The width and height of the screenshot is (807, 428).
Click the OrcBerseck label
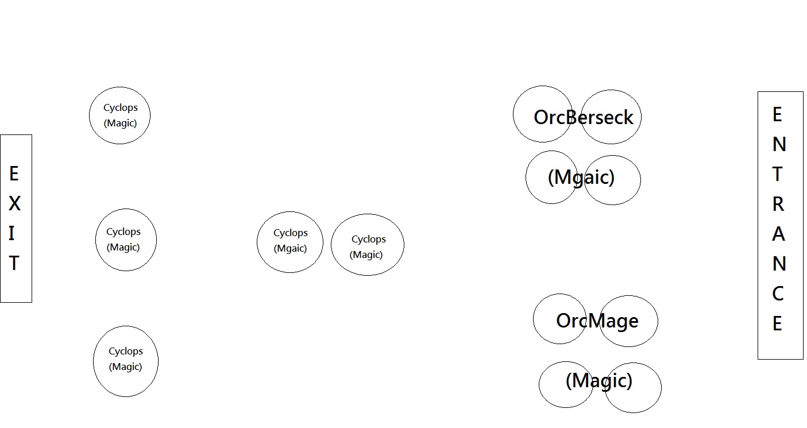tap(583, 117)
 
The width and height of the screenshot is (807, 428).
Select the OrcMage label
tap(597, 321)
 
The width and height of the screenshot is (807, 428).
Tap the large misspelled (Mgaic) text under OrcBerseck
tap(581, 177)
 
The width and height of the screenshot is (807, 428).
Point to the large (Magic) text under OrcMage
tap(599, 380)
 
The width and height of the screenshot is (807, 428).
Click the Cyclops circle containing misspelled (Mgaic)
tap(289, 242)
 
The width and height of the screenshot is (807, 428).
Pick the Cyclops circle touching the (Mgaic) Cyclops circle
tap(368, 245)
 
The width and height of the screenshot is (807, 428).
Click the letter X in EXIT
tap(14, 204)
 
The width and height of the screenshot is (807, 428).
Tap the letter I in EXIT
tap(12, 234)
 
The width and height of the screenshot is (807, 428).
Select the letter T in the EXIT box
tap(14, 263)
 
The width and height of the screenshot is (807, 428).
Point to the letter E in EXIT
tap(14, 173)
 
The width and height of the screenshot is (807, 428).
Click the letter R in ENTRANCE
tap(778, 204)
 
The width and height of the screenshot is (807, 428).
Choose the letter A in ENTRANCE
tap(778, 234)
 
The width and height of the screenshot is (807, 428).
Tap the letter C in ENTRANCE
tap(778, 294)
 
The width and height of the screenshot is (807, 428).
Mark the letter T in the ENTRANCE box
tap(778, 174)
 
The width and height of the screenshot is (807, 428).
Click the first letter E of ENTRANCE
tap(777, 115)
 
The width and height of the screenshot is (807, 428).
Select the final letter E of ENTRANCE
tap(777, 324)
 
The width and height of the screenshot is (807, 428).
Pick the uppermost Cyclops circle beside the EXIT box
tap(119, 115)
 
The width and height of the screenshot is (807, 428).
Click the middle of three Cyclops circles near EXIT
tap(126, 240)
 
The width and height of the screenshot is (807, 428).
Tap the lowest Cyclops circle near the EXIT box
tap(125, 361)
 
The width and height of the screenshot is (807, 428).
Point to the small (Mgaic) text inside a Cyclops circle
tap(290, 249)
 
